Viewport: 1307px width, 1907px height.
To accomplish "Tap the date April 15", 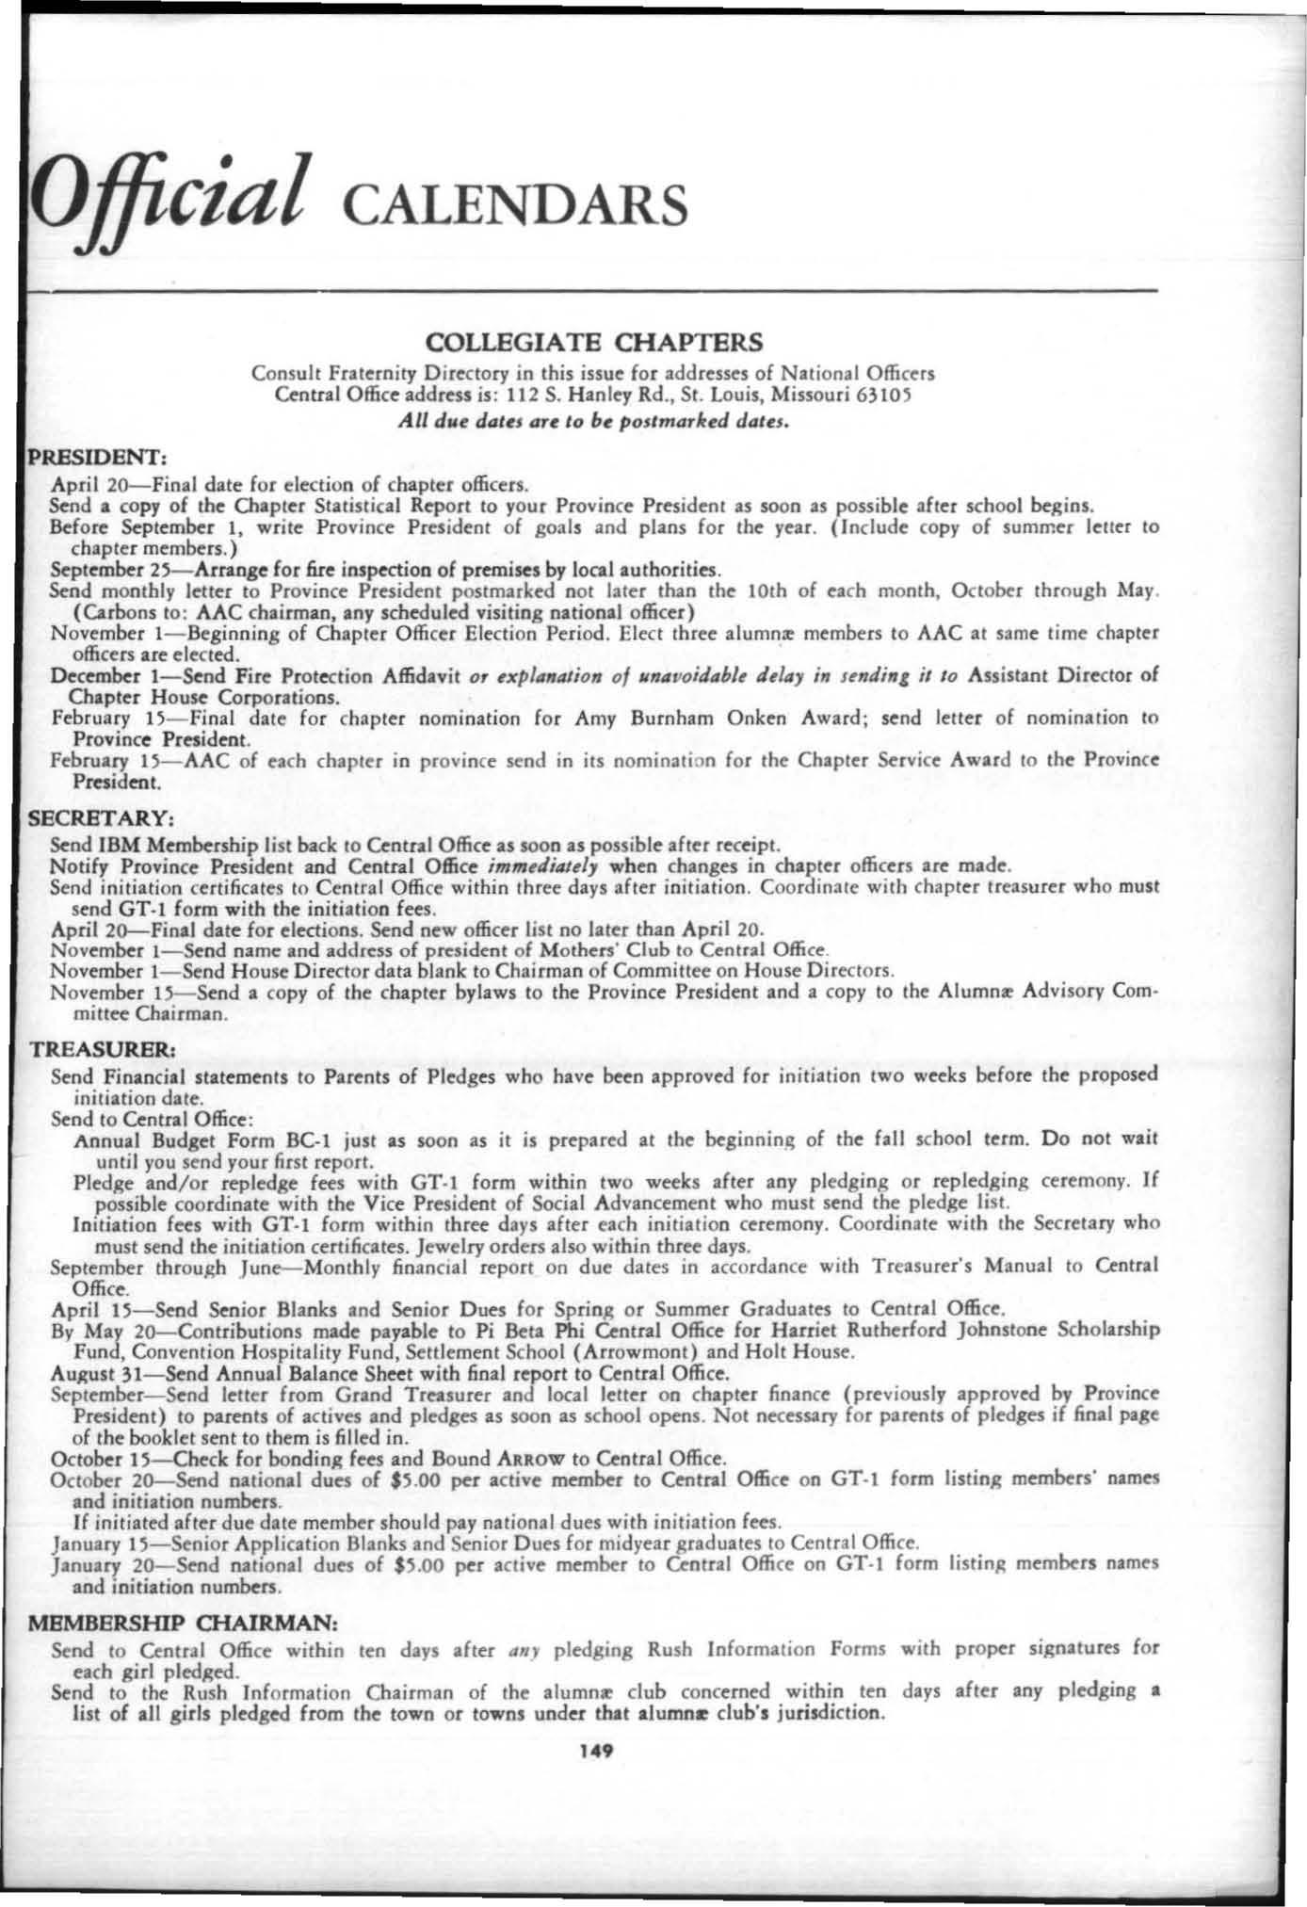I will (x=89, y=1309).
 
